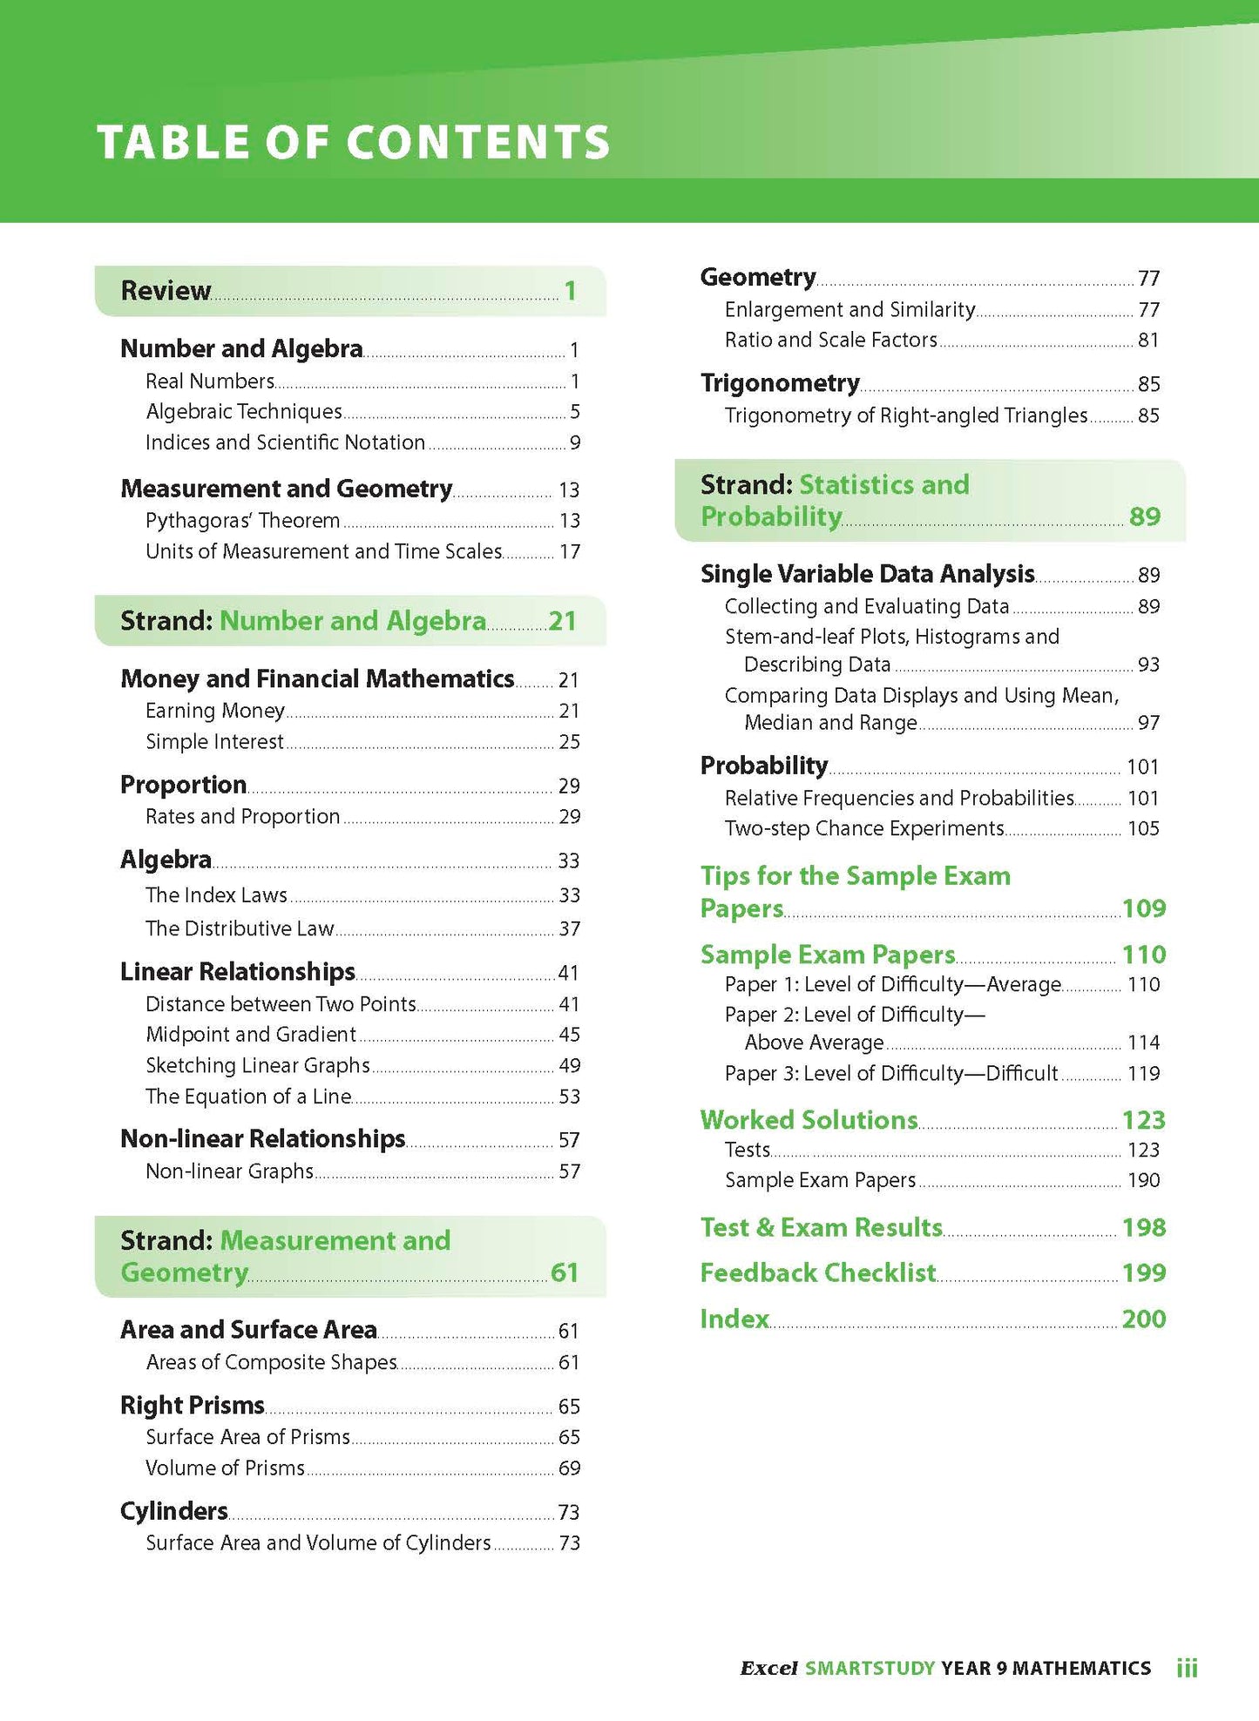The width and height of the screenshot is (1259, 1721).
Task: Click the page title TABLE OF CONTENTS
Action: click(353, 142)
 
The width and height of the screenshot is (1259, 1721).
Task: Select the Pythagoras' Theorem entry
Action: click(242, 521)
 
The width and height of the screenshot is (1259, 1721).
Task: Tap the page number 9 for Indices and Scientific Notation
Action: click(574, 442)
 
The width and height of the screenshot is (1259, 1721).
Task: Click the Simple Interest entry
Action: click(214, 742)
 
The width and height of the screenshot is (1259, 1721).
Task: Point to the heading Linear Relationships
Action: click(237, 971)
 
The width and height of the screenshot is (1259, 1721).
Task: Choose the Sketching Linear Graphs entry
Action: click(257, 1065)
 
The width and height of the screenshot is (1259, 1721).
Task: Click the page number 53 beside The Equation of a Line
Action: click(569, 1097)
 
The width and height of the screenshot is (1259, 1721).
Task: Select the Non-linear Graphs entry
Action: click(229, 1171)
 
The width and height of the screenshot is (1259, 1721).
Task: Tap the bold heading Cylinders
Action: click(173, 1511)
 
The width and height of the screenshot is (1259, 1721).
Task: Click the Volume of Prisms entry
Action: click(225, 1468)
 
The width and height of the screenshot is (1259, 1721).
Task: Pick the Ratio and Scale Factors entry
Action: click(830, 340)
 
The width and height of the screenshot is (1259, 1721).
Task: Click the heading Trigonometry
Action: click(780, 383)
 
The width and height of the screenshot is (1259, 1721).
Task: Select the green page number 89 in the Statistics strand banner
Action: click(1144, 516)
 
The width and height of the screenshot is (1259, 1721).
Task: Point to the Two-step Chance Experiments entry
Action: click(864, 828)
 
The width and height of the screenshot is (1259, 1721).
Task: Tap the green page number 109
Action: click(1143, 908)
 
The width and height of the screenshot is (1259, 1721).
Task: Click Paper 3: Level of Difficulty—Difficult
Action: click(890, 1073)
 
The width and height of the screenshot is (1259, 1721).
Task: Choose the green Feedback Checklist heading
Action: click(817, 1273)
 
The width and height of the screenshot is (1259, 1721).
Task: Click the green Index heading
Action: click(734, 1319)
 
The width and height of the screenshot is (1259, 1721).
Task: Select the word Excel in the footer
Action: click(768, 1669)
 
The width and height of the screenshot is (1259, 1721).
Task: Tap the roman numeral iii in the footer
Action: click(1187, 1669)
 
